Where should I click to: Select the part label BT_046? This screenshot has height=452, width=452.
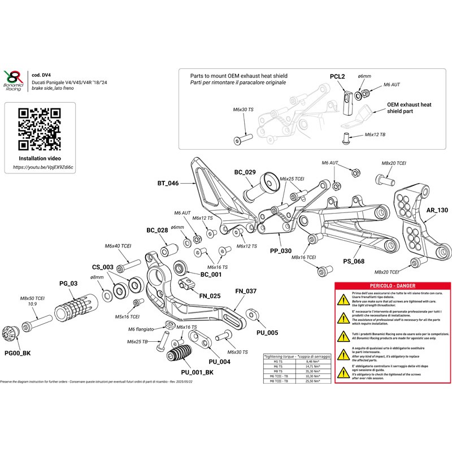click(x=168, y=184)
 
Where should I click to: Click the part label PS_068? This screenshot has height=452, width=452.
click(x=353, y=262)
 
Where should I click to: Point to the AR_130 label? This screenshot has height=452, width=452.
click(x=437, y=210)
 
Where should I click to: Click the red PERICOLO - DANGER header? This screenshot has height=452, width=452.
click(x=391, y=287)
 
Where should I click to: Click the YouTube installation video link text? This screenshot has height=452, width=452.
click(x=43, y=168)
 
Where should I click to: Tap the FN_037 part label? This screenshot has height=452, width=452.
click(x=246, y=292)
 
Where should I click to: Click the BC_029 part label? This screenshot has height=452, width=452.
click(x=245, y=172)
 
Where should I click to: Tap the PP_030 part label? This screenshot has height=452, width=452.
click(x=281, y=250)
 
